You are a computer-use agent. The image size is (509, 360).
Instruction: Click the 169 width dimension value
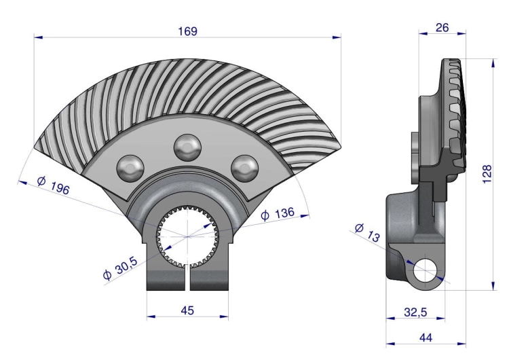click(187, 31)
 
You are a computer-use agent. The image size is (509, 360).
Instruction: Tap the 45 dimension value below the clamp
click(187, 310)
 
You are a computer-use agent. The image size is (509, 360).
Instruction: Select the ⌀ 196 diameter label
click(54, 185)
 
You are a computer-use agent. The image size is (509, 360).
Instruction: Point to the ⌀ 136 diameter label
click(278, 214)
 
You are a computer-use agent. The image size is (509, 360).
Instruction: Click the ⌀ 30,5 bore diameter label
click(120, 268)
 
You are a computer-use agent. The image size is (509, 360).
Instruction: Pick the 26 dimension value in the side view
click(442, 28)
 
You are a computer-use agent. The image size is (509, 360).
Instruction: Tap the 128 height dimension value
click(487, 174)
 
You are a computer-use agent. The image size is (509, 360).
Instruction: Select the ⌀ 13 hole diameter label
click(367, 232)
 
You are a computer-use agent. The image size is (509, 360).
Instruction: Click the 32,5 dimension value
click(415, 312)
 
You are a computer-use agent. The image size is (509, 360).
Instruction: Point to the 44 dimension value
click(426, 338)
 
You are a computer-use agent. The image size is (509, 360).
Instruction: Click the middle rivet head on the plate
click(187, 147)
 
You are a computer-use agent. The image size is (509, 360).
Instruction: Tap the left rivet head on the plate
click(130, 168)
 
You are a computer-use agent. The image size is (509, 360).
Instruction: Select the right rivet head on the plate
click(245, 168)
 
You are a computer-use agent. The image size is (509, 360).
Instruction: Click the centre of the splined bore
click(187, 237)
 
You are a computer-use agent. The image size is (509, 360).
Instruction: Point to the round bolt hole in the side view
click(426, 270)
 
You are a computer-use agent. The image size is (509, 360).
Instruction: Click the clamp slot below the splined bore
click(187, 278)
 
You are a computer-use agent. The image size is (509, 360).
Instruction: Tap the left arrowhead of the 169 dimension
click(38, 37)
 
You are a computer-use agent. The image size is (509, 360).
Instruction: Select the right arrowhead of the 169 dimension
click(337, 37)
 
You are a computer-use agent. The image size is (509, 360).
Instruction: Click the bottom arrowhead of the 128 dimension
click(493, 285)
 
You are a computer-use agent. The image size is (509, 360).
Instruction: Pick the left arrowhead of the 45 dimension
click(151, 316)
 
